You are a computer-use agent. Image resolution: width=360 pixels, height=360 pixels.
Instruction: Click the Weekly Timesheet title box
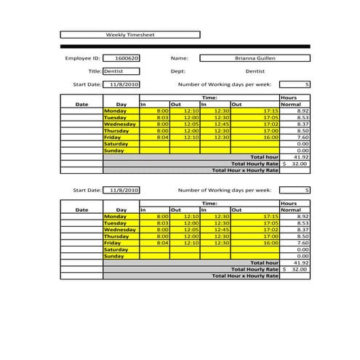pyautogui.click(x=129, y=34)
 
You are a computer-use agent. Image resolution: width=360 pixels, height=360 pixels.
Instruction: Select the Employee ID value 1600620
pyautogui.click(x=121, y=58)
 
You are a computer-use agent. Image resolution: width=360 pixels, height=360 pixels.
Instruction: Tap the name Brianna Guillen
pyautogui.click(x=255, y=58)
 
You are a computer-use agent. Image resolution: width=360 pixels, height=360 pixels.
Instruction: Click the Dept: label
pyautogui.click(x=178, y=71)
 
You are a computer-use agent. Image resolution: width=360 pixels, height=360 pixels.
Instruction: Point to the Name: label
pyautogui.click(x=180, y=58)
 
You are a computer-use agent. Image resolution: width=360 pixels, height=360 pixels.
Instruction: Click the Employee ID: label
pyautogui.click(x=82, y=58)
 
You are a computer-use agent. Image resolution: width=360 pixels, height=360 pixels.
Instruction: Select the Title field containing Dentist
pyautogui.click(x=121, y=71)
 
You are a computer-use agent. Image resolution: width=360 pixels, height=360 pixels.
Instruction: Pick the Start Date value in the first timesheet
pyautogui.click(x=121, y=84)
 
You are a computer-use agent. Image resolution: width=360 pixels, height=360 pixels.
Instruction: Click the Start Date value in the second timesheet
pyautogui.click(x=121, y=190)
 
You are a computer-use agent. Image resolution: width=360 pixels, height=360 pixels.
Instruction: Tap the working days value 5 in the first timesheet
pyautogui.click(x=295, y=84)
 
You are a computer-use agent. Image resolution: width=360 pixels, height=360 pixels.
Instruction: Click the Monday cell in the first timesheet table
pyautogui.click(x=120, y=111)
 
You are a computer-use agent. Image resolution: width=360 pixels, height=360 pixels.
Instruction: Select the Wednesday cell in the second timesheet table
pyautogui.click(x=120, y=230)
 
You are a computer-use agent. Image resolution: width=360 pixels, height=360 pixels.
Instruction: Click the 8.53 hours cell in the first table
pyautogui.click(x=295, y=117)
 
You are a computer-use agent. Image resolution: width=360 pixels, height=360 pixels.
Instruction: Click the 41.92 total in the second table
pyautogui.click(x=295, y=263)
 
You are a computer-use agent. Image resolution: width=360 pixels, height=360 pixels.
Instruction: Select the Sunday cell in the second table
pyautogui.click(x=120, y=256)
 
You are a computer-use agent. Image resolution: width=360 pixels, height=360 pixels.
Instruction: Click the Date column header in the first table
pyautogui.click(x=82, y=104)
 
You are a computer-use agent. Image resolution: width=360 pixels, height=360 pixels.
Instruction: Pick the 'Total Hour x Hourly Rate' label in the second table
pyautogui.click(x=244, y=276)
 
